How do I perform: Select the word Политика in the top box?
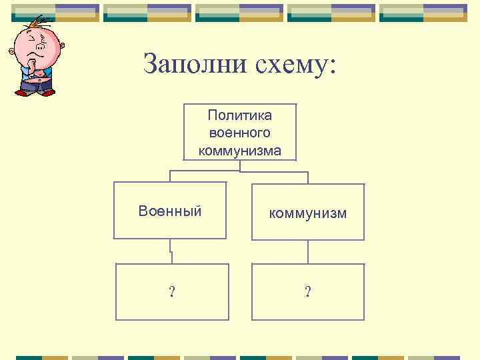(x=239, y=116)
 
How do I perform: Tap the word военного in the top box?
(x=239, y=133)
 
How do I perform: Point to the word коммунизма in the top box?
(x=239, y=151)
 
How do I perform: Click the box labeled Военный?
(x=170, y=211)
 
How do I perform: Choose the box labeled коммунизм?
(x=307, y=212)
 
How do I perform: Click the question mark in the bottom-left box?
(x=172, y=292)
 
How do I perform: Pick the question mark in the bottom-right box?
(x=307, y=292)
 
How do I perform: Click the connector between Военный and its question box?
(x=171, y=251)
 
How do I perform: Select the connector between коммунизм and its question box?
(x=307, y=251)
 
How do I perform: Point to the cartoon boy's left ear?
(x=11, y=51)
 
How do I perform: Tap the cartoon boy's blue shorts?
(x=37, y=84)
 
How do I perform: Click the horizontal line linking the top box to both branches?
(x=239, y=172)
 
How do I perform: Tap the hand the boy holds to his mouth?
(x=31, y=63)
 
